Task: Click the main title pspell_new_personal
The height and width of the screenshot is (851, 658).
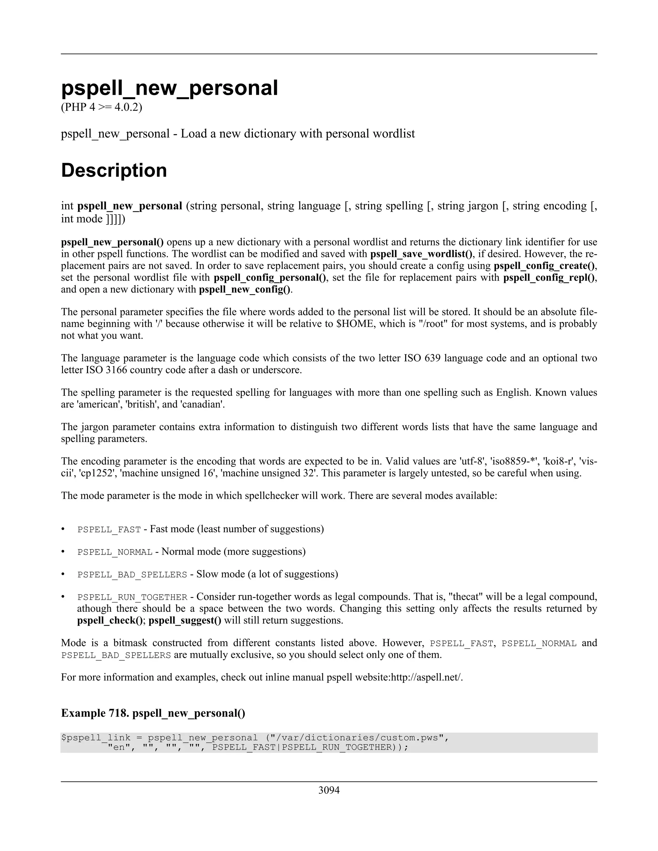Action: click(170, 88)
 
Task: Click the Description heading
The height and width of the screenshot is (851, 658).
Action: click(114, 170)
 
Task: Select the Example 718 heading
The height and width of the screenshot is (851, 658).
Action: click(153, 713)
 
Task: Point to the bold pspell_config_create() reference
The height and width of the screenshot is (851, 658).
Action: click(545, 266)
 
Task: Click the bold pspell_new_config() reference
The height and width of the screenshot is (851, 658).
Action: click(245, 290)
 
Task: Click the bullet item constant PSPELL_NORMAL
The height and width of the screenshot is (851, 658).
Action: click(115, 552)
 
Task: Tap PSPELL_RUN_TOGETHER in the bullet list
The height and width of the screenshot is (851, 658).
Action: click(132, 597)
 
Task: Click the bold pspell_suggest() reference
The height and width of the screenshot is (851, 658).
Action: click(185, 620)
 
